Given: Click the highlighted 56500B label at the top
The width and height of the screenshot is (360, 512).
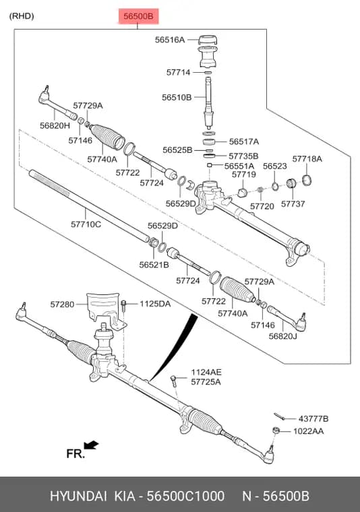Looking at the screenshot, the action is [x=138, y=16].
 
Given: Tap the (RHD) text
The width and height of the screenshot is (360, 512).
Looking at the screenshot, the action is [x=22, y=16].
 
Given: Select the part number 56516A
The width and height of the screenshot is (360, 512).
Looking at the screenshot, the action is [x=169, y=40].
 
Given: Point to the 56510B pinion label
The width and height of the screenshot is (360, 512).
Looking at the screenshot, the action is [x=177, y=97].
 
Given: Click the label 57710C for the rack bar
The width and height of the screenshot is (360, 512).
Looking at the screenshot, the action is [x=86, y=224].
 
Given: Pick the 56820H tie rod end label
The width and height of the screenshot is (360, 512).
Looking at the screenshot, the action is [x=55, y=125].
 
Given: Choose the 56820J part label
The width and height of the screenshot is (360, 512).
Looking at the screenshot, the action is [x=283, y=336].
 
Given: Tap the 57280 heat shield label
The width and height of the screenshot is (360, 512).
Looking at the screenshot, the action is [x=62, y=305].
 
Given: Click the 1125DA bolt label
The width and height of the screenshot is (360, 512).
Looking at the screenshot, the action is [x=155, y=304].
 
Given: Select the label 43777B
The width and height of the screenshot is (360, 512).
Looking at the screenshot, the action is [x=313, y=418].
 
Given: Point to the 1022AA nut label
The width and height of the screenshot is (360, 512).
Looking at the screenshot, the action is [x=308, y=431].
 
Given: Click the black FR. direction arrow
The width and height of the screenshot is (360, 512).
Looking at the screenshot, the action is [x=92, y=445].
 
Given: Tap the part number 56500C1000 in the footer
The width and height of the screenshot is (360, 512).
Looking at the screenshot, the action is [x=185, y=496].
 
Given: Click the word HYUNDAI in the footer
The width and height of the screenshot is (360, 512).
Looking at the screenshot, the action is [x=78, y=496].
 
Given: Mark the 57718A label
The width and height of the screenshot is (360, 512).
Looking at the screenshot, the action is [x=307, y=159].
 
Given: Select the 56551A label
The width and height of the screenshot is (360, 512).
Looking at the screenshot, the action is [x=239, y=166].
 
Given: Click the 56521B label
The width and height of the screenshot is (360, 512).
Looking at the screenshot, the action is [x=154, y=265].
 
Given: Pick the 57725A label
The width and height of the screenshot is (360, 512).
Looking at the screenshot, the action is [x=206, y=382].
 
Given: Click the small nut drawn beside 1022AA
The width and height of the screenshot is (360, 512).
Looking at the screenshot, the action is [x=276, y=430].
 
